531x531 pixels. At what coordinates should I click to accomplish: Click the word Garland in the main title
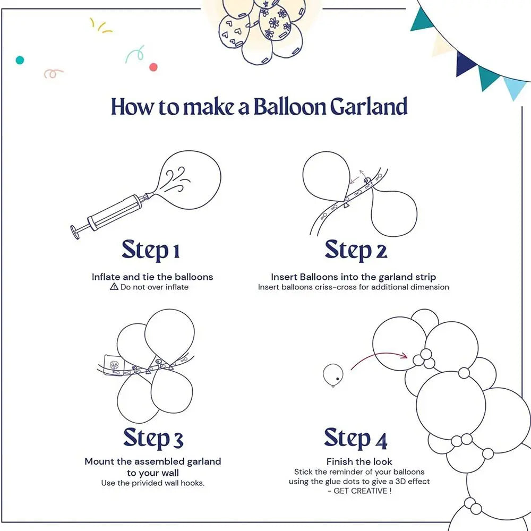pos(369,107)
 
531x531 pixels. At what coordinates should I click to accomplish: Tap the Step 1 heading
pos(151,250)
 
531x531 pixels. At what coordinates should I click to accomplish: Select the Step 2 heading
pos(355,250)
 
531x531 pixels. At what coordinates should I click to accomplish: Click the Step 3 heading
pos(153,438)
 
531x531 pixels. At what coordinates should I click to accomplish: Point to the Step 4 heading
pos(355,438)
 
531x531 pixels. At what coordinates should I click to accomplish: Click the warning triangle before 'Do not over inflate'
pos(114,287)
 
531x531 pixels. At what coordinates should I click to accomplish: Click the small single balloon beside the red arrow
pos(332,374)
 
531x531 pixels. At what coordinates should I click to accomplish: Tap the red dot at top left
pos(153,67)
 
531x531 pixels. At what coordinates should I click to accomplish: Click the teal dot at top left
pos(20,60)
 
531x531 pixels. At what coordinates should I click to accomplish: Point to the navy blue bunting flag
pos(466,63)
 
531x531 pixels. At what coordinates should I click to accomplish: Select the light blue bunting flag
pos(515,88)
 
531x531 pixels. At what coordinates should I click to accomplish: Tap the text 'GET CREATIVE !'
pos(361,491)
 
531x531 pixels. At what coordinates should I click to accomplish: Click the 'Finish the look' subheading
pos(359,461)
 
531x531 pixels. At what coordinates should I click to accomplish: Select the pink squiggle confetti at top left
pos(53,73)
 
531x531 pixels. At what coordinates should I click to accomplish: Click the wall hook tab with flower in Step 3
pos(113,363)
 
